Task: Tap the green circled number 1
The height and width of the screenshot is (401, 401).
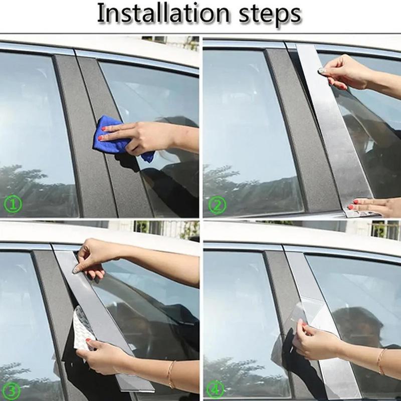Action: (12, 205)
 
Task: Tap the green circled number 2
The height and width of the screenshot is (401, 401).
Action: (217, 205)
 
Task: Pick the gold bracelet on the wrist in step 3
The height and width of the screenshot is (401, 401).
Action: (171, 373)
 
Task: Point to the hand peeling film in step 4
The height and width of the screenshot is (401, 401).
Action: (316, 341)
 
